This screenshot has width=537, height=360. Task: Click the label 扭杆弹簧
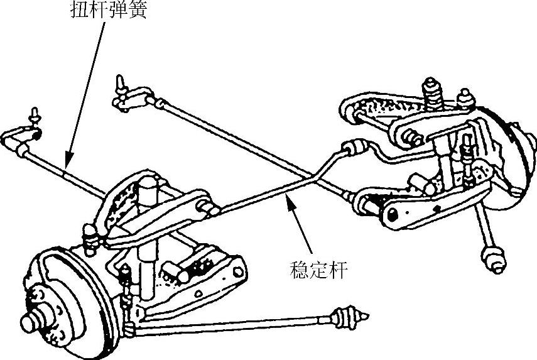[x=107, y=12]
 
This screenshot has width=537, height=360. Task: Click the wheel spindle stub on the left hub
[x=31, y=322]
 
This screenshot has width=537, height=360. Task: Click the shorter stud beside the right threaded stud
[x=465, y=97]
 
